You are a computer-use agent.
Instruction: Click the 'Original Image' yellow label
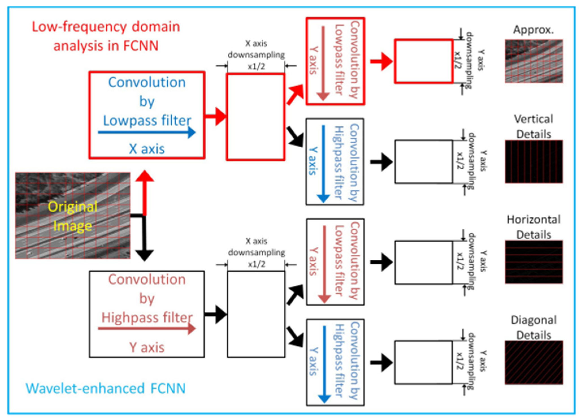73,217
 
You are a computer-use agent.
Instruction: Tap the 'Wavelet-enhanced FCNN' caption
105,388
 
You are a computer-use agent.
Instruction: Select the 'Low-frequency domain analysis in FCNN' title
106,36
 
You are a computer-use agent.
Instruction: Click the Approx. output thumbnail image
534,61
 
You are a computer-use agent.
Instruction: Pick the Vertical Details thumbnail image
534,162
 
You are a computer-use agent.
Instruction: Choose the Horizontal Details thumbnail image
534,262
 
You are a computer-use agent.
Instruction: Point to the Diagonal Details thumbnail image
534,363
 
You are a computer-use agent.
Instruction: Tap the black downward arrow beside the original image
145,238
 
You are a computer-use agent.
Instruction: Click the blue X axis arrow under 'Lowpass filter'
147,132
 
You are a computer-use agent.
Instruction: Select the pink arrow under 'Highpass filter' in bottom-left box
147,329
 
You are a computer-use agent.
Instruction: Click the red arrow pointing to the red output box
381,61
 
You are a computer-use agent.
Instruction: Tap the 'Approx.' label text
533,30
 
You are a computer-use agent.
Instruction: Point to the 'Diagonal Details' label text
534,327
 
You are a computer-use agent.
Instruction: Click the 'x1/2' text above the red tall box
257,66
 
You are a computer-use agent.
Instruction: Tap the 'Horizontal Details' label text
534,227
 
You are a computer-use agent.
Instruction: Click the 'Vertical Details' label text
534,126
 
